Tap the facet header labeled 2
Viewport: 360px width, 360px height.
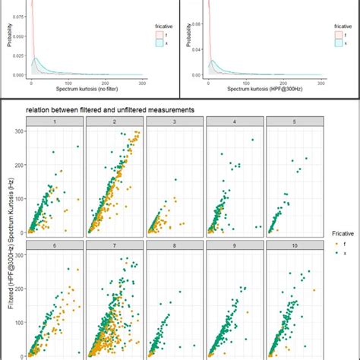[x=113, y=122]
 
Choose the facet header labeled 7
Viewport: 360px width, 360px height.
[x=113, y=245]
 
